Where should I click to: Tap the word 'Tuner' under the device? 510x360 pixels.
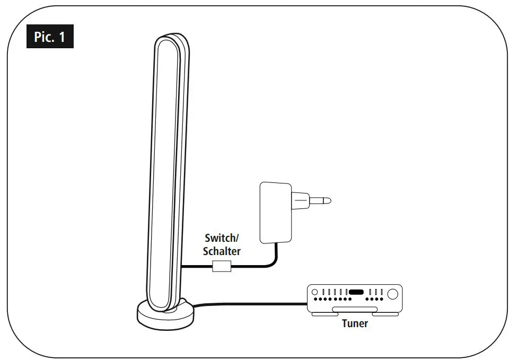click(x=355, y=323)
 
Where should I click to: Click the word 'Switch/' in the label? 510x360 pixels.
click(x=222, y=238)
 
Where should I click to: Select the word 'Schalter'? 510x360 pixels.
click(x=222, y=251)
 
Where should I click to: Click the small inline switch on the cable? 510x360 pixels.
click(x=222, y=266)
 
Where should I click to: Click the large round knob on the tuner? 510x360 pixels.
click(x=393, y=293)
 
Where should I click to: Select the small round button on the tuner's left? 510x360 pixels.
click(x=314, y=292)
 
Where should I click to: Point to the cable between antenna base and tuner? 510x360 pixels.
click(x=249, y=304)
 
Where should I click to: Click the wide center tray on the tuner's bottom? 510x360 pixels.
click(x=355, y=309)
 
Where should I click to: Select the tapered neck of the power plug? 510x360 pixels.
click(x=301, y=201)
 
